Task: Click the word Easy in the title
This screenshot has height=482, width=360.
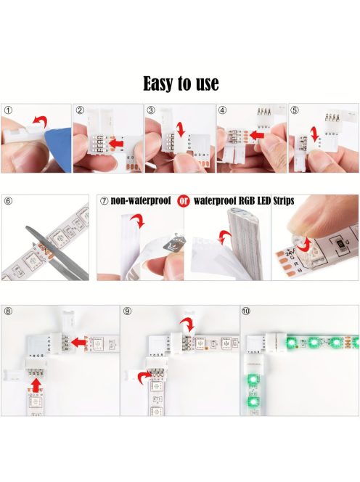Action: [158, 84]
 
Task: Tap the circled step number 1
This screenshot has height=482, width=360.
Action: [8, 110]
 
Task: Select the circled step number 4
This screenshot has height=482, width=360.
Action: [222, 110]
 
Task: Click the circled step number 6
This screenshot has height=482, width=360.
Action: [8, 201]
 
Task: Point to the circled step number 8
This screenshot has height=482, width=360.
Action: [8, 311]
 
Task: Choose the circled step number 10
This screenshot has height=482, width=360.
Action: [245, 311]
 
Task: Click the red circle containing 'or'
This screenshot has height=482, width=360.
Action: [183, 201]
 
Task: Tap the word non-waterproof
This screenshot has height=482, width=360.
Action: [141, 201]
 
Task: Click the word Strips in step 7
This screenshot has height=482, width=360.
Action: [284, 201]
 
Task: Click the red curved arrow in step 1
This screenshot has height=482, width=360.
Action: [40, 121]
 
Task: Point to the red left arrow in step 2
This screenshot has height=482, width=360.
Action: [117, 143]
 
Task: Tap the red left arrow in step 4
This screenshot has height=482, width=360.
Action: [257, 134]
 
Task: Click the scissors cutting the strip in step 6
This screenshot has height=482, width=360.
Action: [57, 254]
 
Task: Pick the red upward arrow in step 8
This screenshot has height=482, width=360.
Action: [36, 385]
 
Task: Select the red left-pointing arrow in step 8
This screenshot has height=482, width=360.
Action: [78, 342]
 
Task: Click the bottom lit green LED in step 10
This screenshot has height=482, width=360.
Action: [253, 401]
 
